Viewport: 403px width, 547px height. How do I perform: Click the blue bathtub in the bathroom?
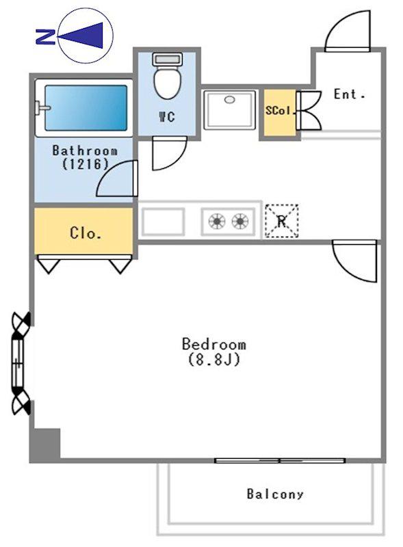[x=86, y=108]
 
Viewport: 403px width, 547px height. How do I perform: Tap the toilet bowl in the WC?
[x=167, y=83]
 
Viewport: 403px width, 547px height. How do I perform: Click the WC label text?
[x=167, y=116]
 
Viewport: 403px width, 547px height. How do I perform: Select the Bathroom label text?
[x=85, y=150]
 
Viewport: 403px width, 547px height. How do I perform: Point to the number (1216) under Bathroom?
[x=86, y=163]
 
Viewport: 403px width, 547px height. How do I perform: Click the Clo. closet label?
[x=86, y=232]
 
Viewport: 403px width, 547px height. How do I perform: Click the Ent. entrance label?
[x=349, y=94]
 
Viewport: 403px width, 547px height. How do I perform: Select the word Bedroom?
[x=213, y=345]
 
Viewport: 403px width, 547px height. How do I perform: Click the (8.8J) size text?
[x=214, y=359]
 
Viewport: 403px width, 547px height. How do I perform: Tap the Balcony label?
[x=275, y=494]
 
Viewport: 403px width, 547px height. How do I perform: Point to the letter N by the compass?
[x=45, y=37]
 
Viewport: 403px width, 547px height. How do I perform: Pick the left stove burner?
[x=216, y=221]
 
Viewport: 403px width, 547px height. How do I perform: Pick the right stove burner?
[x=240, y=221]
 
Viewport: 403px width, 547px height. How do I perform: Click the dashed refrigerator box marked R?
[x=281, y=221]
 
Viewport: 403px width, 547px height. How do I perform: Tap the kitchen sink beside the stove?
[x=163, y=222]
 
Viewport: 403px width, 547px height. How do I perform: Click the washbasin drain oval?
[x=229, y=100]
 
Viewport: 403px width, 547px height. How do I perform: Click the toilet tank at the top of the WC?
[x=167, y=59]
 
